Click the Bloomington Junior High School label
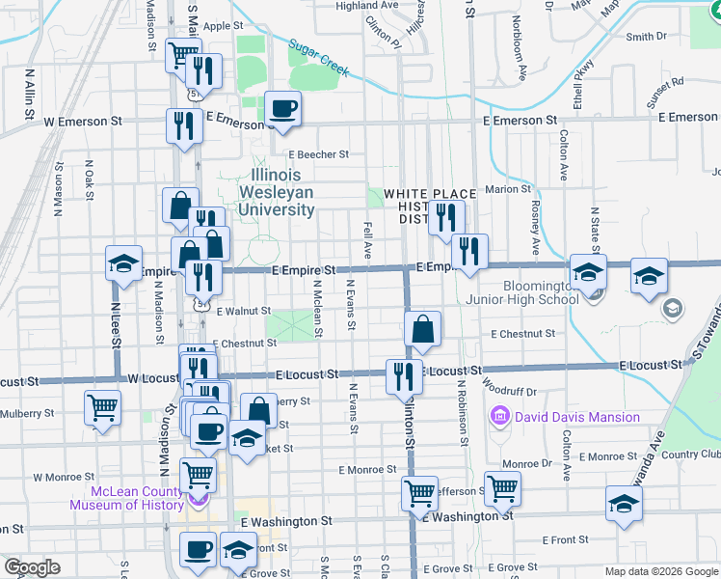[541, 292]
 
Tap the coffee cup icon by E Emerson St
[282, 108]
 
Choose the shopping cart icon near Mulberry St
[102, 406]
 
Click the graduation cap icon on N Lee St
[123, 264]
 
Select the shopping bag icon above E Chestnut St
[422, 329]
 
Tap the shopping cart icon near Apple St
[181, 54]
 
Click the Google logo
[32, 567]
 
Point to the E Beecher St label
[317, 153]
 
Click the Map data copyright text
[660, 571]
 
